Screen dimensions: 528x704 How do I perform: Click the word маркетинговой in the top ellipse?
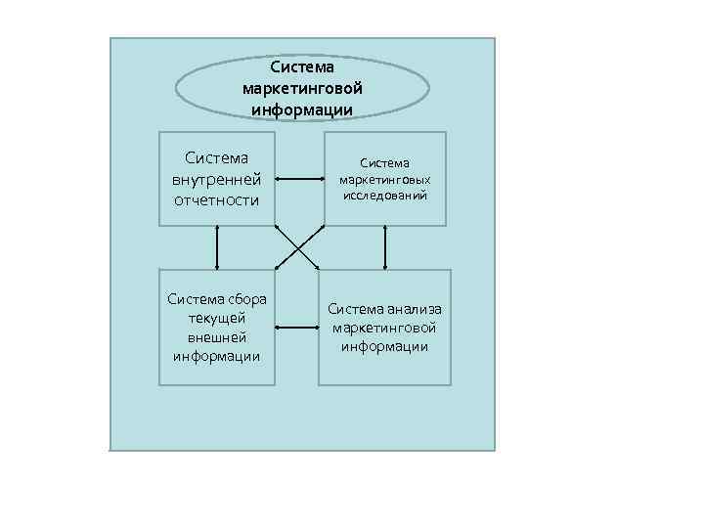301,88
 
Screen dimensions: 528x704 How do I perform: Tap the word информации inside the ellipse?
301,109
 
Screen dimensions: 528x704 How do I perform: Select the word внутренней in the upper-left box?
216,179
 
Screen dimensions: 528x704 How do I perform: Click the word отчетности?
216,200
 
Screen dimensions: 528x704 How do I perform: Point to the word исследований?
384,196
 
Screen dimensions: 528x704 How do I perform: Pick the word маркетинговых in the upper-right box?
384,180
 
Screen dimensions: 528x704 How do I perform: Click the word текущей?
216,318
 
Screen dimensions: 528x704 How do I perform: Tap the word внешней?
216,336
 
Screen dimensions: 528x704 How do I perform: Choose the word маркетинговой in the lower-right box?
384,328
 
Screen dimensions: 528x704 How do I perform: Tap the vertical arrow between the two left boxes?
217,247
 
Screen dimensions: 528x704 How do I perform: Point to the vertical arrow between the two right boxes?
385,247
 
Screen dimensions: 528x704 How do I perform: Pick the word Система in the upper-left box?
216,157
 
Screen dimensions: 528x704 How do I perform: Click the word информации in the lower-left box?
216,355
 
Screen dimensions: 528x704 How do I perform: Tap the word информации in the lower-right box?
384,346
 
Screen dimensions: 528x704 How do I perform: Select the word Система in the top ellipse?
301,67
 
